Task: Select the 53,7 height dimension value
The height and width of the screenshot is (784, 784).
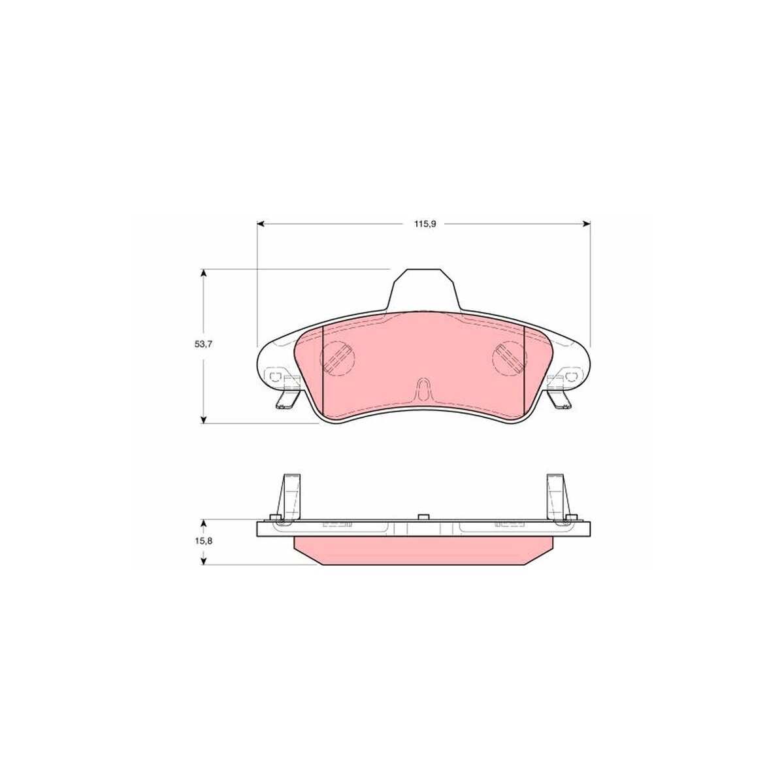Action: pos(203,344)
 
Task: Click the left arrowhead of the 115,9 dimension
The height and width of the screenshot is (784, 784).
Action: pos(261,223)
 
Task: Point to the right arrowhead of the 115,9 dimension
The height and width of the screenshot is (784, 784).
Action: pos(586,223)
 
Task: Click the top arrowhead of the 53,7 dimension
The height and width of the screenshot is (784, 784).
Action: pos(204,273)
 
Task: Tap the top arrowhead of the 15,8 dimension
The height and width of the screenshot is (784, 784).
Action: pos(204,523)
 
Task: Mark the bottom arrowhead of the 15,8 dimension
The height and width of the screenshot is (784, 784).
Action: pos(204,561)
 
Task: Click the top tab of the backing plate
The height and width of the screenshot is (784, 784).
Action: pos(423,289)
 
